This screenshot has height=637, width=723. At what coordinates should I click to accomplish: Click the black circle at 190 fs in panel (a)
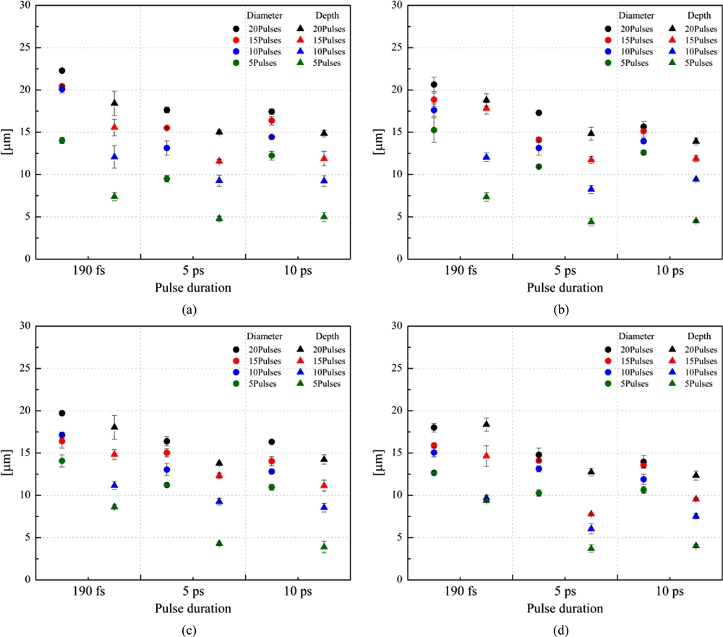62,71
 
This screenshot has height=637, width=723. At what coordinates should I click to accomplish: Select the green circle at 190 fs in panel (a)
62,140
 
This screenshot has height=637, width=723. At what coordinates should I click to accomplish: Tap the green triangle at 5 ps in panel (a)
219,218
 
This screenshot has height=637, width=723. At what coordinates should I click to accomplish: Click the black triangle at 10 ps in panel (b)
695,141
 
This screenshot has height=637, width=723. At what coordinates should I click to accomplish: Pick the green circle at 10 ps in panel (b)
643,153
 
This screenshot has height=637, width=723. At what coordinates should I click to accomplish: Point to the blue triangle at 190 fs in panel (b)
487,157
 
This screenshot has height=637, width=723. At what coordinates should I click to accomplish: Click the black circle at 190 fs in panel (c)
62,413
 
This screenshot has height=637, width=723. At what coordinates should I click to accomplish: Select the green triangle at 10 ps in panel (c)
324,546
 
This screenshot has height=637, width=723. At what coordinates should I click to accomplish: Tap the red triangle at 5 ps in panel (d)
591,513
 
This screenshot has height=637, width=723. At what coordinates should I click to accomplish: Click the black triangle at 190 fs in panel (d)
487,424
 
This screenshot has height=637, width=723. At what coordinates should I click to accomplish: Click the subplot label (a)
189,309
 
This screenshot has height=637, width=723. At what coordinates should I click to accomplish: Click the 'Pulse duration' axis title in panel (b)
565,287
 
